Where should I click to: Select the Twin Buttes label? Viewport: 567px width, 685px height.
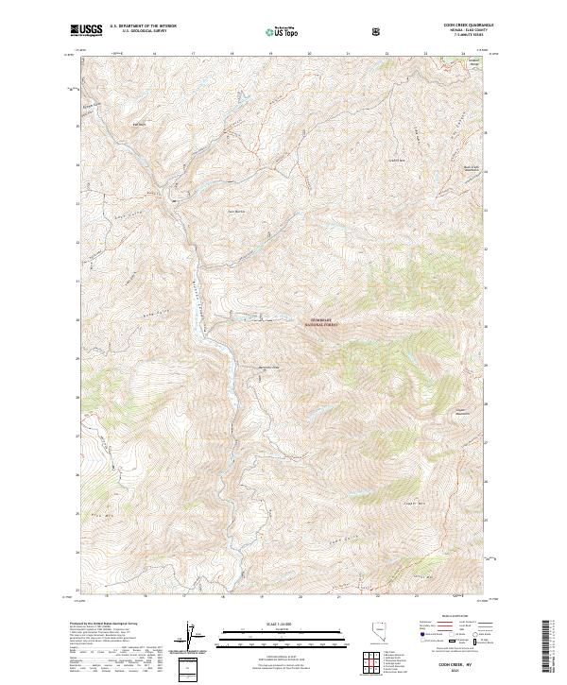coord(234,211)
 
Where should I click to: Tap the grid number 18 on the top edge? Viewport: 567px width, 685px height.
coord(232,54)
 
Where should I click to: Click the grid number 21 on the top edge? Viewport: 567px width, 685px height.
coord(349,54)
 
